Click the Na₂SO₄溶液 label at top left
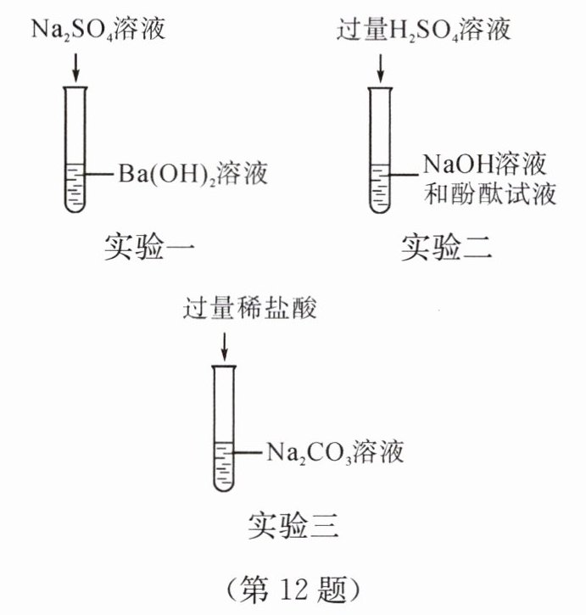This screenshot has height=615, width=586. [98, 32]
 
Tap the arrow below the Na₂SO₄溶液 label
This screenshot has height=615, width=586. [75, 66]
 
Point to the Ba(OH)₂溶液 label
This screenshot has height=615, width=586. [193, 176]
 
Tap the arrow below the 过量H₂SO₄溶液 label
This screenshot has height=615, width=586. [381, 66]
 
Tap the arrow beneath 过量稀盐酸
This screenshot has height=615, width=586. [224, 344]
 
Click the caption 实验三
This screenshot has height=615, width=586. [293, 527]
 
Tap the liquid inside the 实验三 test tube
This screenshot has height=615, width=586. [224, 467]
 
